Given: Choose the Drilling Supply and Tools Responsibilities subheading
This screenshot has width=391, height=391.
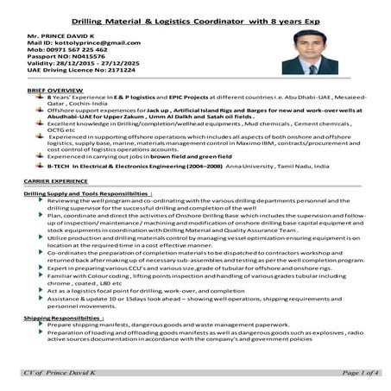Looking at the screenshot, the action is click(x=87, y=195).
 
